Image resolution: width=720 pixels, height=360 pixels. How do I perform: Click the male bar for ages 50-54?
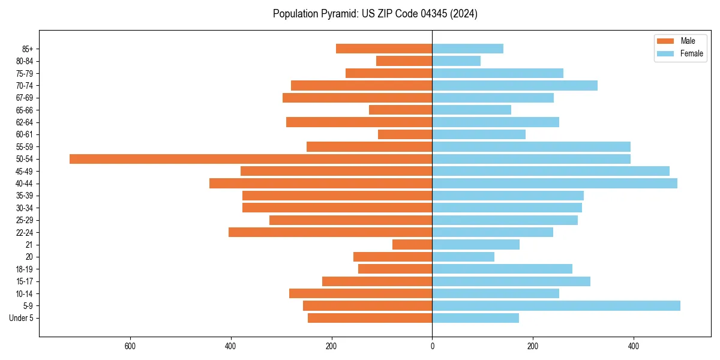(251, 159)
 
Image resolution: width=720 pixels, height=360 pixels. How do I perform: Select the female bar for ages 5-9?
(556, 305)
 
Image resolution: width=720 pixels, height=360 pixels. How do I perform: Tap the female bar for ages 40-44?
(554, 184)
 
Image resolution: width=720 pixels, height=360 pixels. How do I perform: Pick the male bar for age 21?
(412, 245)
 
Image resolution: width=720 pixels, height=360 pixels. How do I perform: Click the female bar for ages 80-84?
(456, 61)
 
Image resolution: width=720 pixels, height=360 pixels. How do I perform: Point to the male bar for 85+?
(384, 49)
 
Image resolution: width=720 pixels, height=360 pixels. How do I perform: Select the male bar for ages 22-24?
(330, 232)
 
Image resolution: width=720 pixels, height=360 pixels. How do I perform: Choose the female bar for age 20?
(463, 257)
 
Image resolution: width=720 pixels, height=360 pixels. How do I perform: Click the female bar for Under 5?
(475, 318)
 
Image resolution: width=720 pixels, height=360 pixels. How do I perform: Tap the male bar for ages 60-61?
(405, 134)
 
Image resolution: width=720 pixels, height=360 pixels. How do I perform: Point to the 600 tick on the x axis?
(130, 346)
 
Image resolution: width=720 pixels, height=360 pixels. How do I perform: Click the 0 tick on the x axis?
(432, 346)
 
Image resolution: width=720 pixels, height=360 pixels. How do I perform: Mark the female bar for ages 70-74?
(515, 86)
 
